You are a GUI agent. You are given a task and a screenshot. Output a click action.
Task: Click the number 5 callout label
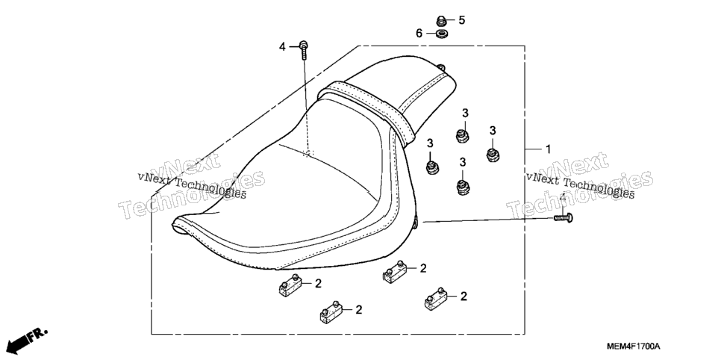coord(462,20)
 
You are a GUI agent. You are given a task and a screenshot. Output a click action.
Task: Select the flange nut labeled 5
coord(441,21)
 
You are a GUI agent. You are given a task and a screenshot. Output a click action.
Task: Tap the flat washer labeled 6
coord(443,34)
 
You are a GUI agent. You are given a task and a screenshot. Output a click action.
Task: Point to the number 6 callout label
coord(419,33)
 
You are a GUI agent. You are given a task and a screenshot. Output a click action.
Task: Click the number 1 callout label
coord(548,149)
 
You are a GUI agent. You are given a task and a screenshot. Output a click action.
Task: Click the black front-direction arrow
coord(15,344)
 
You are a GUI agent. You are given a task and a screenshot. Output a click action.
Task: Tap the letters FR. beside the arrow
coord(37,335)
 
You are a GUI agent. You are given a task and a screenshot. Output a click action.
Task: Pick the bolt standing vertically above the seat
coord(304,49)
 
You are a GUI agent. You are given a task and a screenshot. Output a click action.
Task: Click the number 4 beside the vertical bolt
coord(282,46)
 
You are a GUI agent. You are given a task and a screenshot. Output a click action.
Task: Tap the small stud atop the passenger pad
coord(441,67)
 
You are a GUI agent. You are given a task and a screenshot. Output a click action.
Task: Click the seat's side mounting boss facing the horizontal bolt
coord(416,223)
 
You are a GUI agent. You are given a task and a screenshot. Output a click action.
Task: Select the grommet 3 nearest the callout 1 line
coord(493,155)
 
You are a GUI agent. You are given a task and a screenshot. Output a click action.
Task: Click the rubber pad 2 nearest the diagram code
coord(435,300)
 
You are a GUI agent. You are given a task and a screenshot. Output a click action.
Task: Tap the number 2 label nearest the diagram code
coord(463,297)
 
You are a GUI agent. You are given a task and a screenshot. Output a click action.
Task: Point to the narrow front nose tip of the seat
coord(177,225)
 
